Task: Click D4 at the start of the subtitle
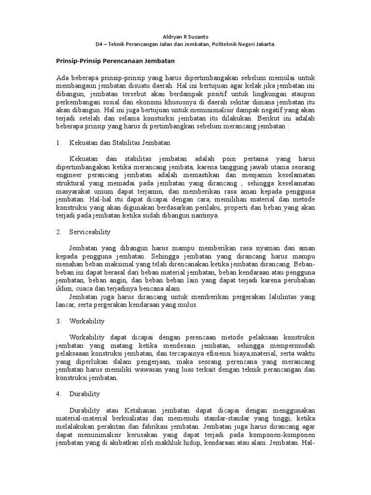tap(100, 44)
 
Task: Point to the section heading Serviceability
tap(90, 232)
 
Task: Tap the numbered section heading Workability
tap(87, 320)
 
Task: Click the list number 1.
tap(58, 143)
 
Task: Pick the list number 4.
tap(58, 393)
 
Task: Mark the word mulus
tap(188, 305)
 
